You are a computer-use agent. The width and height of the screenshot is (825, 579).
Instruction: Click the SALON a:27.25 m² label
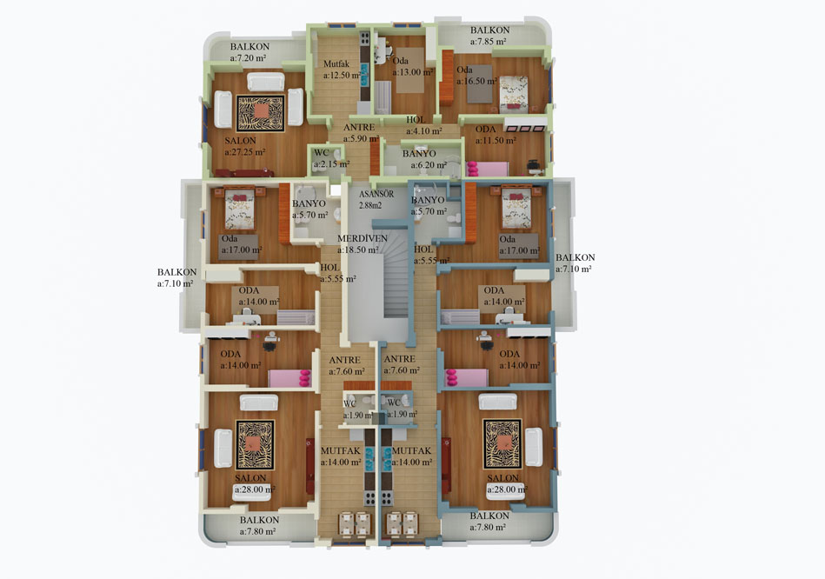point(244,146)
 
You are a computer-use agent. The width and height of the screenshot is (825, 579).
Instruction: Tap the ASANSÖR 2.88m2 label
point(376,199)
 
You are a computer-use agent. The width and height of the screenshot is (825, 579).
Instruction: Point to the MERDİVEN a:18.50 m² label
point(362,244)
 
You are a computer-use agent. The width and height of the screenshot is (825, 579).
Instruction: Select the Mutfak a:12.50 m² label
point(342,70)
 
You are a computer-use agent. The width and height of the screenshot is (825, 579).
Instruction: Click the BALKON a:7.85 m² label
point(489,36)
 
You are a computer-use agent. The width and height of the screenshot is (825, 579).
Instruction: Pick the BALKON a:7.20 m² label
point(249,52)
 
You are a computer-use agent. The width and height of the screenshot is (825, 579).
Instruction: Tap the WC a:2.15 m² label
point(331,158)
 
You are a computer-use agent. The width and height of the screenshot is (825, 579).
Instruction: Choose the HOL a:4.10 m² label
point(423,125)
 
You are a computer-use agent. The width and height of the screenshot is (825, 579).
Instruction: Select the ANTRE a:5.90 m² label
point(361,133)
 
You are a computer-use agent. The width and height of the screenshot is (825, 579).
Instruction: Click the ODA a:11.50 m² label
point(496,135)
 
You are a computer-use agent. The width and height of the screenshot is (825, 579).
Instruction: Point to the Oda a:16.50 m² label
point(476,76)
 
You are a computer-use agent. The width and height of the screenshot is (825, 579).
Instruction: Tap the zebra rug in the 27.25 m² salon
point(261,113)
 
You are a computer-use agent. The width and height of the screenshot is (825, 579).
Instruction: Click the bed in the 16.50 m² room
point(514,94)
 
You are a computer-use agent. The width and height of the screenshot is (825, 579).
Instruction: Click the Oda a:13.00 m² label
point(413,66)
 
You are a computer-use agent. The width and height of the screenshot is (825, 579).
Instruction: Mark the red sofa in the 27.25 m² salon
point(243,173)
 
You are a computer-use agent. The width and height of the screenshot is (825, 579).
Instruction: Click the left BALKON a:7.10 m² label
point(176,277)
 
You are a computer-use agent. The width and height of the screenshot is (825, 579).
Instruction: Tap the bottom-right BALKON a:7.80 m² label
point(489,521)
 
